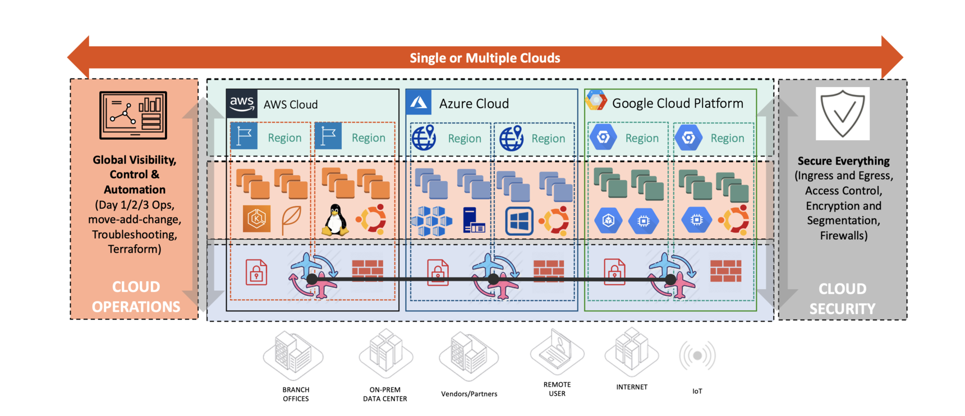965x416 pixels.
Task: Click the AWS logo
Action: click(x=242, y=103)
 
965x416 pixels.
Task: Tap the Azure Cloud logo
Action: click(x=419, y=103)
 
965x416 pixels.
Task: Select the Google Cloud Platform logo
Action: click(x=596, y=102)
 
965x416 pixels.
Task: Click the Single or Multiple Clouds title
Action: click(x=485, y=58)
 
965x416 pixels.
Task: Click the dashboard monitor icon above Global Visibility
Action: click(x=133, y=115)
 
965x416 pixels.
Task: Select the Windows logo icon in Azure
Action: click(x=519, y=221)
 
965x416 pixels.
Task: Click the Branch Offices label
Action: click(x=296, y=394)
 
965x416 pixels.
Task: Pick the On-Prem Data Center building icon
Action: click(x=386, y=354)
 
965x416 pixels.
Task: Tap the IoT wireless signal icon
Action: click(x=697, y=355)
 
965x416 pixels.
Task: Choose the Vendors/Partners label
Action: click(x=469, y=394)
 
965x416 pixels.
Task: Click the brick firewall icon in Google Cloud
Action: click(x=725, y=271)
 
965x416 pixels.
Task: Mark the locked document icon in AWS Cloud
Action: click(x=256, y=272)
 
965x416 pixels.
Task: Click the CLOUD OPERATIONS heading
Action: click(x=136, y=297)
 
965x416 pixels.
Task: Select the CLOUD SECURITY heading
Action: click(x=842, y=299)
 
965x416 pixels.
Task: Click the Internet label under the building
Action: click(x=632, y=387)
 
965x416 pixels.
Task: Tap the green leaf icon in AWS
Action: click(x=291, y=220)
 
